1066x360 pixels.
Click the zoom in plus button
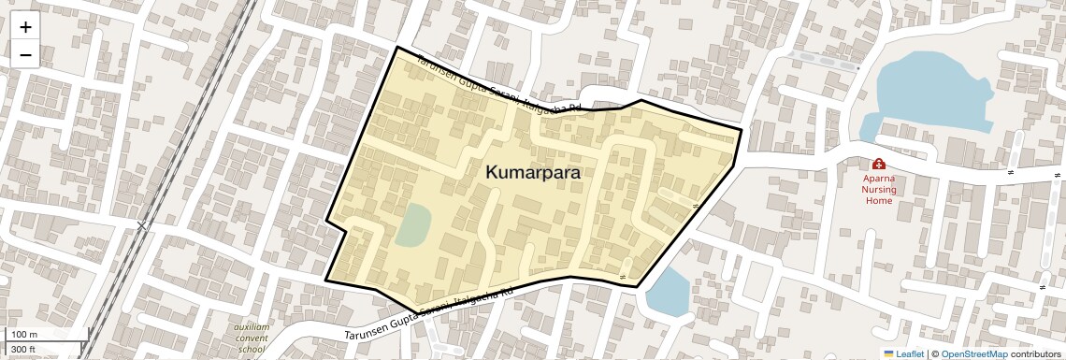click(x=25, y=27)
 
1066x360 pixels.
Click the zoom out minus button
click(x=25, y=55)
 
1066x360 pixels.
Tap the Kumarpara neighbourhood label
click(x=533, y=173)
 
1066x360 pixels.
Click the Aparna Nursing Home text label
click(x=879, y=189)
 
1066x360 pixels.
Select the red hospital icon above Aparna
click(x=879, y=164)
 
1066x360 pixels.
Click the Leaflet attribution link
click(x=910, y=353)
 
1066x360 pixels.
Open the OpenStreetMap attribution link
click(x=973, y=353)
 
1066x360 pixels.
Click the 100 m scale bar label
click(x=24, y=335)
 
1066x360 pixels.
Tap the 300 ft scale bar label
click(x=23, y=350)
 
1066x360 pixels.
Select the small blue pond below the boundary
click(x=667, y=292)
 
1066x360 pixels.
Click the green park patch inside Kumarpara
click(x=412, y=225)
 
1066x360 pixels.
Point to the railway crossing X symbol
click(x=142, y=225)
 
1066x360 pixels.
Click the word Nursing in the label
click(x=879, y=189)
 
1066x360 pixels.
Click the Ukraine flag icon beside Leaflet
click(x=888, y=353)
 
